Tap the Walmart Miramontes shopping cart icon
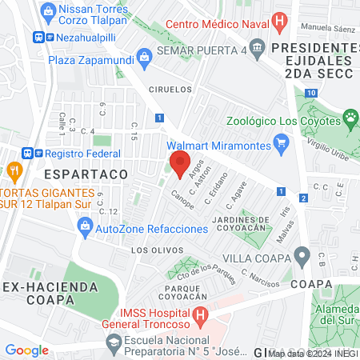(280, 145)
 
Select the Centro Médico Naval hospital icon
(279, 21)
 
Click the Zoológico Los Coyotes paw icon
(350, 118)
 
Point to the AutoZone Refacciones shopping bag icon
(85, 229)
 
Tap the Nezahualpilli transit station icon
(39, 37)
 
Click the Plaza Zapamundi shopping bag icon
(144, 56)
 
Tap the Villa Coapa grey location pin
(302, 257)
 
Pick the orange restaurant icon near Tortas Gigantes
(14, 170)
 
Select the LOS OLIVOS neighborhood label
(152, 250)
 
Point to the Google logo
(26, 350)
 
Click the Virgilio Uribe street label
(329, 142)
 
